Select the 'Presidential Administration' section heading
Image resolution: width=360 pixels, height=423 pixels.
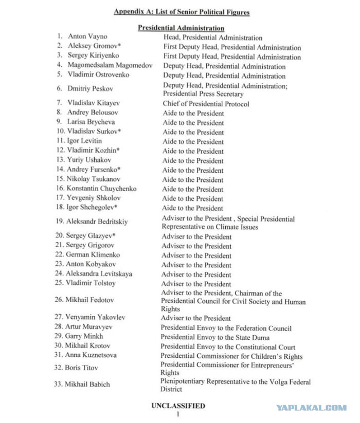click(x=181, y=28)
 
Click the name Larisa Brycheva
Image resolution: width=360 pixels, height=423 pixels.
click(x=91, y=122)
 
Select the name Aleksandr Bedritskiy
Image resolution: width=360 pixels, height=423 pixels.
click(x=97, y=222)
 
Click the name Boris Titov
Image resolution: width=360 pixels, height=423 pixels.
click(x=82, y=368)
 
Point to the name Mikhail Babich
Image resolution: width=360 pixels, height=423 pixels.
click(x=87, y=384)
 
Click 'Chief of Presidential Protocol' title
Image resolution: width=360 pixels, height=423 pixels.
click(x=206, y=103)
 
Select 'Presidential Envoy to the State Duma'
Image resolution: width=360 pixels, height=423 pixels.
click(x=219, y=337)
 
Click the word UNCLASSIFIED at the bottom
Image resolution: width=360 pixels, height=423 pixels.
click(x=178, y=406)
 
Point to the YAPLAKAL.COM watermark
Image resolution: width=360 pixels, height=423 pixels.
click(x=311, y=408)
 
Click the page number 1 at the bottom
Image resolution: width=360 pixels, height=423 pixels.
click(x=177, y=414)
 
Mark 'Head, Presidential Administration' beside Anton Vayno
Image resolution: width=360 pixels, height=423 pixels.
click(x=213, y=38)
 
